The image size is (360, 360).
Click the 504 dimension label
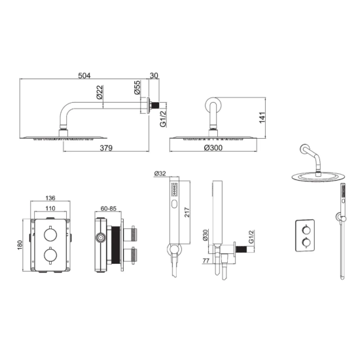(x=84, y=75)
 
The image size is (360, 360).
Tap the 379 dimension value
(x=106, y=148)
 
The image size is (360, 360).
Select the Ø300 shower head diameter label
(x=213, y=148)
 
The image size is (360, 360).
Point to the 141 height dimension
(x=262, y=118)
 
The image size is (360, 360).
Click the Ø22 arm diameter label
(x=99, y=92)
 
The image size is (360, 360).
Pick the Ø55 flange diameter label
(x=137, y=87)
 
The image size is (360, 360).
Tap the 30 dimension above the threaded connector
(x=154, y=75)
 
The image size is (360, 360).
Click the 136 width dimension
(x=50, y=198)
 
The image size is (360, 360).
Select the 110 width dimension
(x=50, y=208)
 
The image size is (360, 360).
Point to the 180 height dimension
(x=20, y=245)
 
